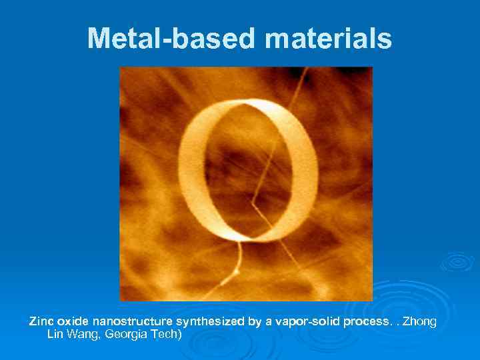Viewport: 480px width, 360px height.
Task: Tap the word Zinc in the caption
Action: (x=40, y=322)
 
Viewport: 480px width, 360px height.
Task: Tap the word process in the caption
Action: (x=365, y=322)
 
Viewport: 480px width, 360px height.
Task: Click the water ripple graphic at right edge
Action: (x=457, y=262)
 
